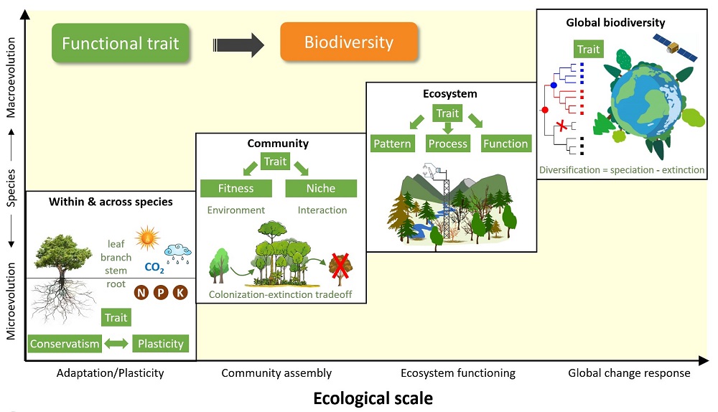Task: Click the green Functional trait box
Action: [120, 42]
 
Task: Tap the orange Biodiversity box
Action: [348, 42]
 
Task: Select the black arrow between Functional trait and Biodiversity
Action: [239, 45]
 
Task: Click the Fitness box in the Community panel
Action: [236, 188]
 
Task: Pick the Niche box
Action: [320, 188]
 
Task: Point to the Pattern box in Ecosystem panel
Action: [393, 144]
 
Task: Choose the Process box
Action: [447, 144]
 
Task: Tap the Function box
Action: [505, 144]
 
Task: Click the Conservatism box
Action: [65, 343]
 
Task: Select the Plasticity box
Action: [161, 343]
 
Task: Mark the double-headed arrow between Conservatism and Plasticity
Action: [116, 344]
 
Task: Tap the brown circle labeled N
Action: [141, 293]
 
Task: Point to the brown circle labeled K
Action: [180, 293]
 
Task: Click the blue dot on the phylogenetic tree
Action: [553, 85]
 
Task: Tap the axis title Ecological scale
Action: [373, 398]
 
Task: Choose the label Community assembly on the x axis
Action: [276, 373]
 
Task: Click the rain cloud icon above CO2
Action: [177, 251]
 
